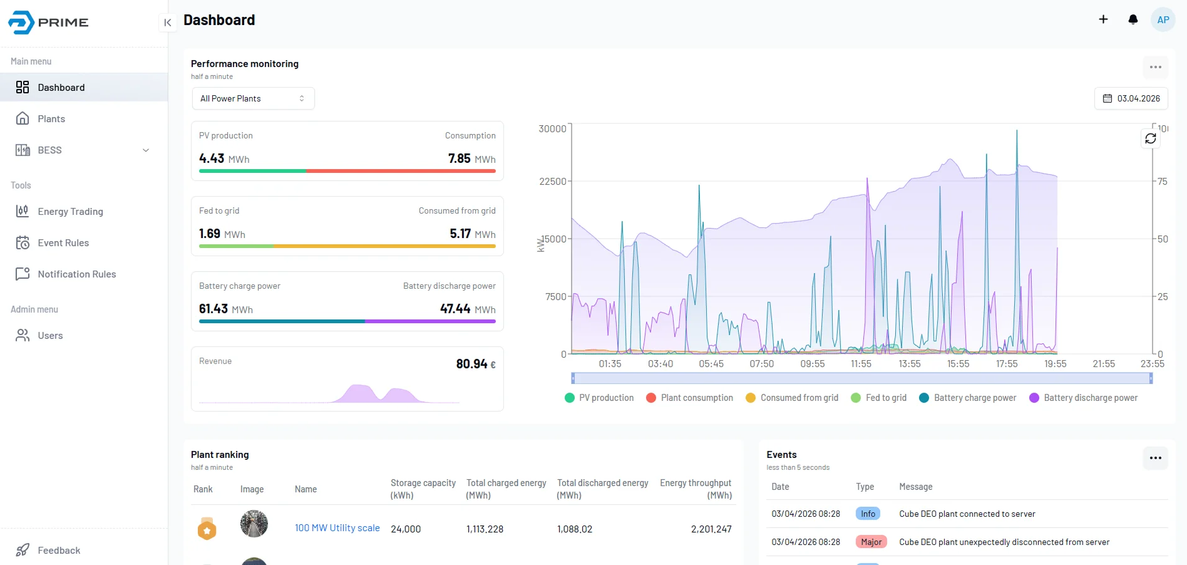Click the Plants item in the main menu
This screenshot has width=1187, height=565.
click(x=51, y=119)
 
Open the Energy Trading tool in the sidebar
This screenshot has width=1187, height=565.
click(x=70, y=212)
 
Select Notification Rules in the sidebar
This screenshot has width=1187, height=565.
click(x=76, y=274)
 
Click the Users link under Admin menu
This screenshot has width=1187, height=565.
click(x=50, y=336)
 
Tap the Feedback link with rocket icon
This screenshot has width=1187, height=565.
click(x=58, y=551)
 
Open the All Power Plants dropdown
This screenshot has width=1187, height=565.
click(x=252, y=98)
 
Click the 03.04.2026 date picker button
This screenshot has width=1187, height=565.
click(x=1131, y=98)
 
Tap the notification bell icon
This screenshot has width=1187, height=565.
click(x=1133, y=19)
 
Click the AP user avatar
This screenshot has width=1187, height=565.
click(x=1163, y=19)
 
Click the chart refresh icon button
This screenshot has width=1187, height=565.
click(x=1150, y=138)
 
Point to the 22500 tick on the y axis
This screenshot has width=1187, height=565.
click(x=552, y=182)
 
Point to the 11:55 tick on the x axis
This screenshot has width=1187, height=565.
click(x=861, y=364)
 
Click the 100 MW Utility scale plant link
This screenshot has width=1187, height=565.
click(x=337, y=528)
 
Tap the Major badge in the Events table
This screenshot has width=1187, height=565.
click(x=871, y=542)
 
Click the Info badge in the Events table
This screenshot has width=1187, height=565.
click(x=868, y=514)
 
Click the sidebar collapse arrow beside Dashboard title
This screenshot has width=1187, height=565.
click(x=167, y=23)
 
